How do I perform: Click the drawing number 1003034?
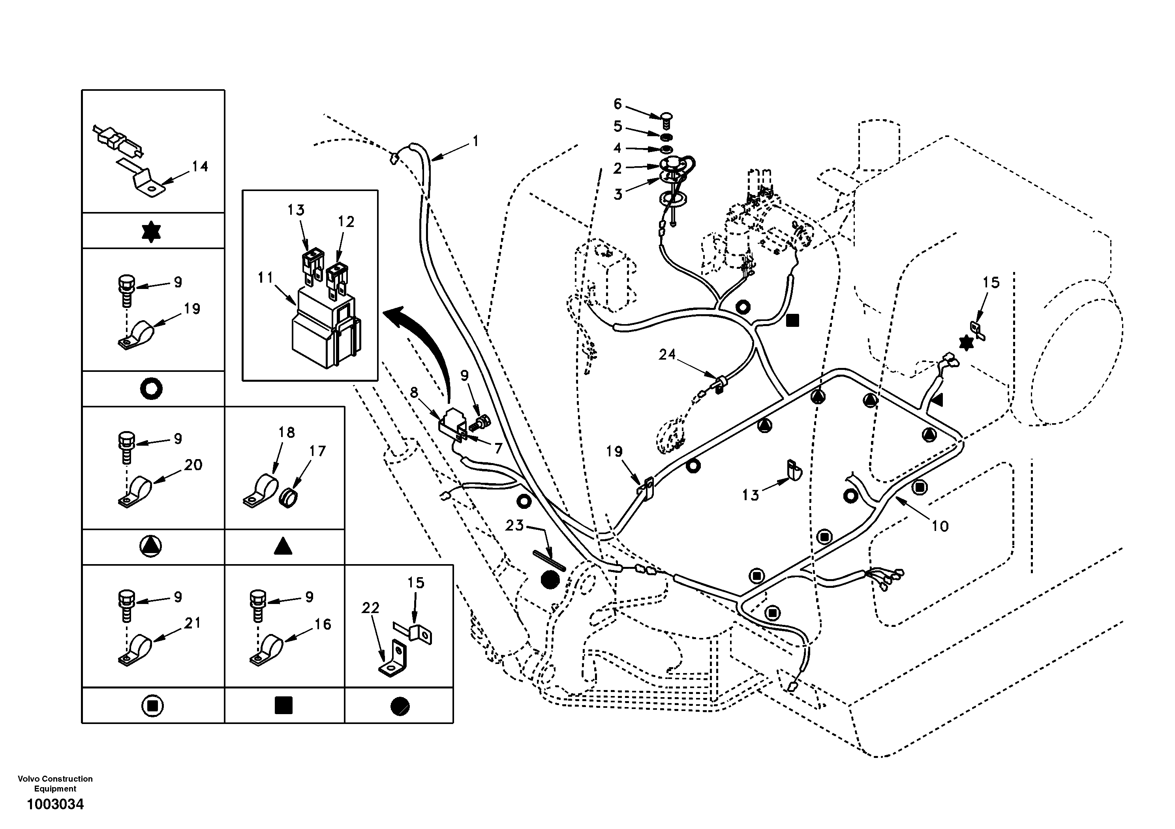pos(55,805)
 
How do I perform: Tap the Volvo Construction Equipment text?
pos(55,784)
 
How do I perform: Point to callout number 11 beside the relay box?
pos(266,278)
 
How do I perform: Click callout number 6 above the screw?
pos(618,104)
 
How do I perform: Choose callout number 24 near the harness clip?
pos(667,354)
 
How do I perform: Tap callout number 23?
pos(515,525)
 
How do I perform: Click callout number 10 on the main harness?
pos(940,526)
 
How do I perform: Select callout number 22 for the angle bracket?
pos(370,608)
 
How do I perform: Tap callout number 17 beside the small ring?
pos(317,451)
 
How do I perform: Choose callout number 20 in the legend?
pos(193,465)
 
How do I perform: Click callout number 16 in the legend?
pos(323,624)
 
